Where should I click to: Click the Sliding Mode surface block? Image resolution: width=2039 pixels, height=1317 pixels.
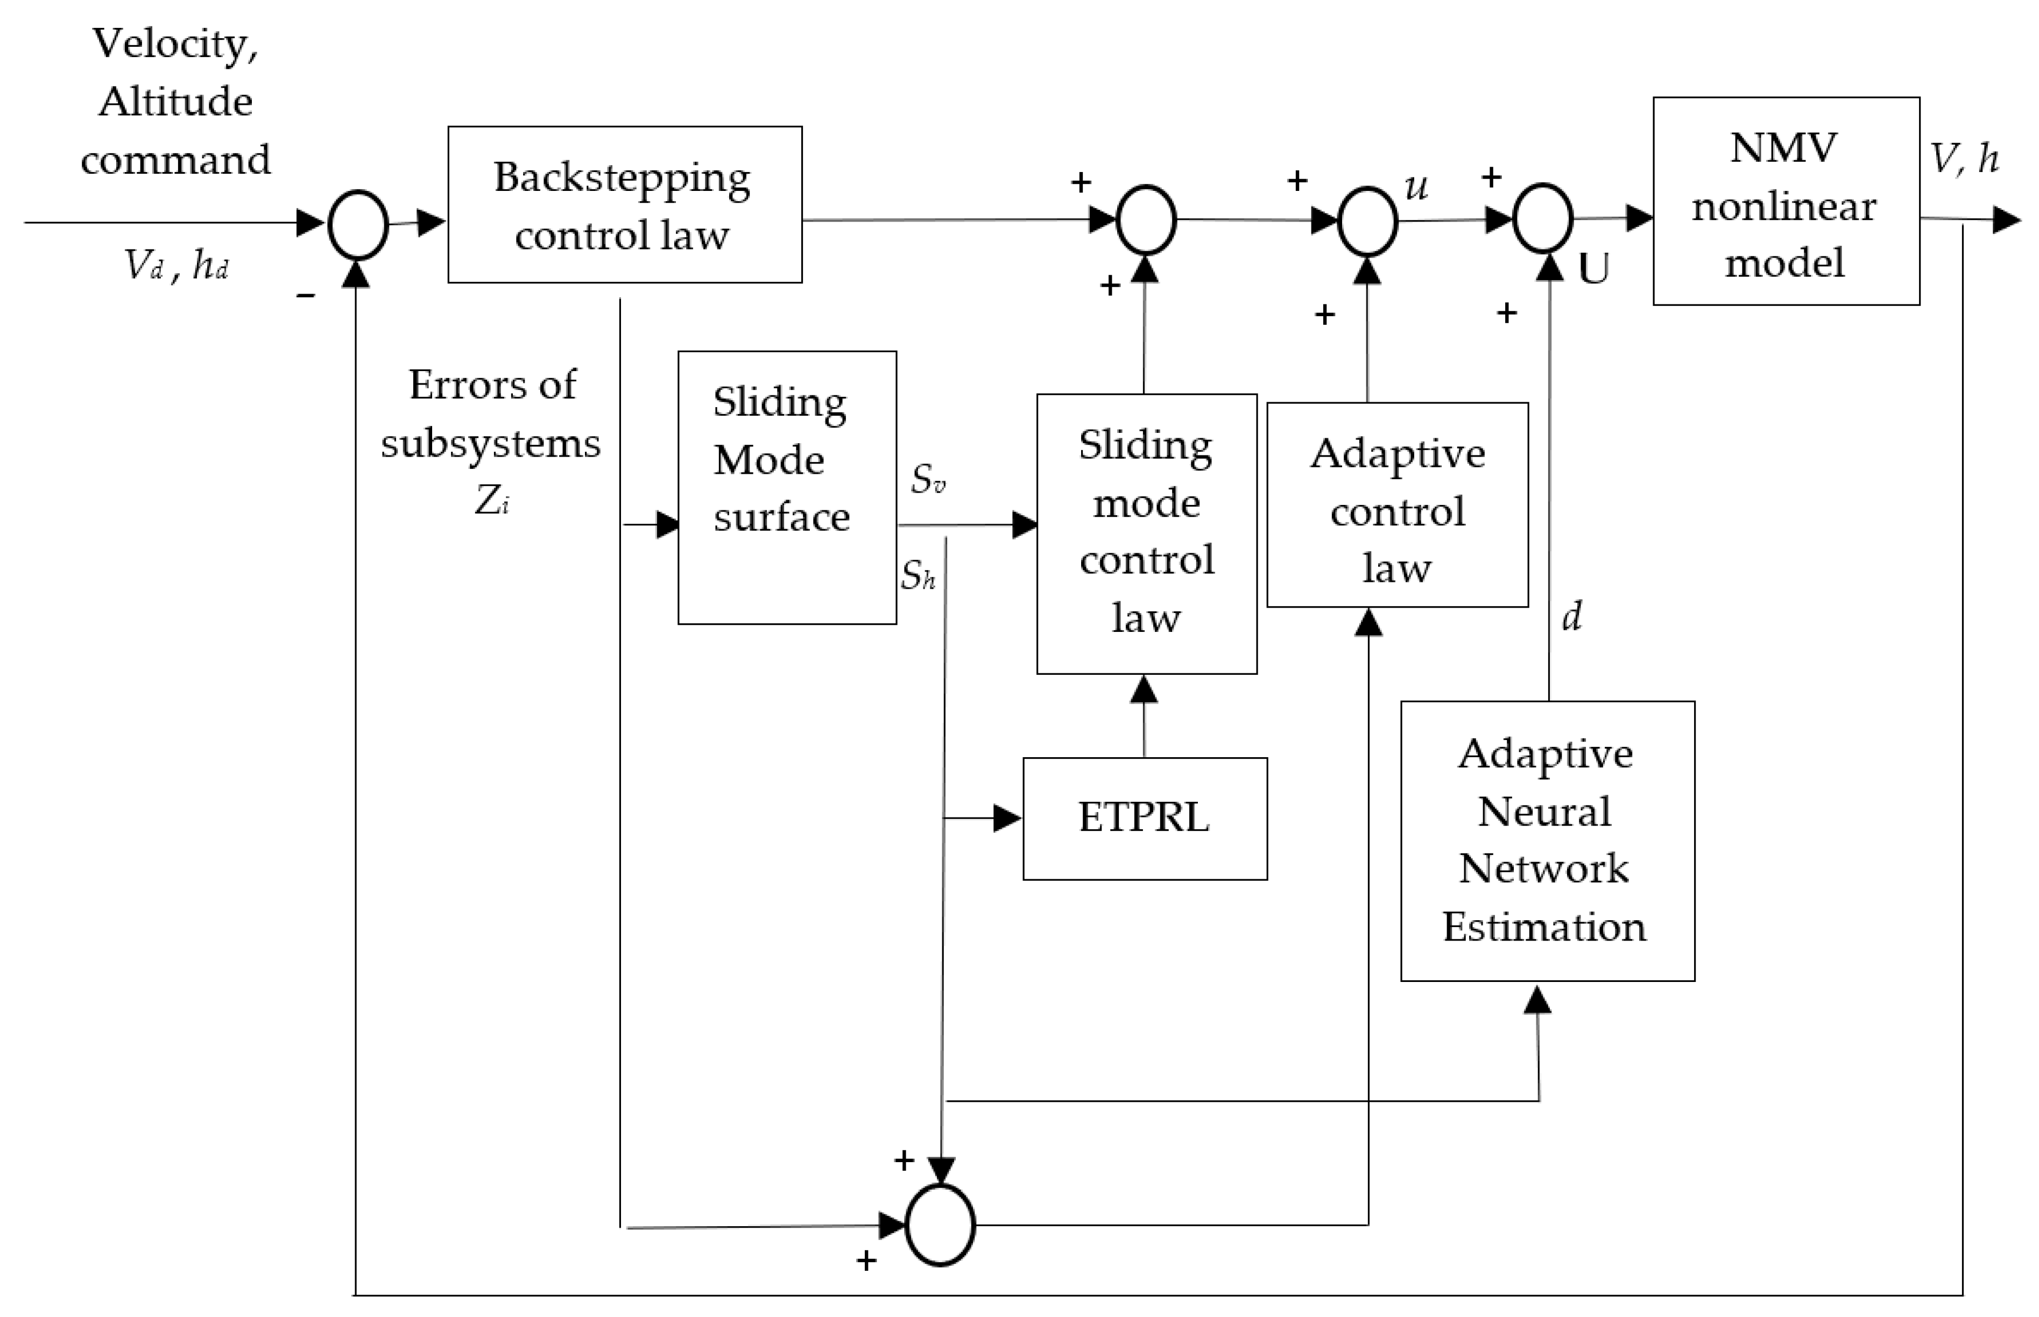[x=786, y=487]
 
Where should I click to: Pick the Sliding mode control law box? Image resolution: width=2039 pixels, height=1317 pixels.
[x=1146, y=533]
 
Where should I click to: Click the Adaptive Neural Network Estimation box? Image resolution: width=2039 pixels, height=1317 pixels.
[x=1546, y=841]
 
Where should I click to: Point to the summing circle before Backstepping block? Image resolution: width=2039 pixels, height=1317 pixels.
[x=358, y=225]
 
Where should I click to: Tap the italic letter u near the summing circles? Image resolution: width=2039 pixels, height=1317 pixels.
[x=1416, y=187]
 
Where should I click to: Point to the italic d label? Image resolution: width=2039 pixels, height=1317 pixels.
[x=1571, y=616]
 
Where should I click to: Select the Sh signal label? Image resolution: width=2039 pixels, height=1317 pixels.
[x=917, y=575]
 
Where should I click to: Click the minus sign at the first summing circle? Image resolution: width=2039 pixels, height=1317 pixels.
[x=306, y=296]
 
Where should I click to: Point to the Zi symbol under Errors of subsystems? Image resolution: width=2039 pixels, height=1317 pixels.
[x=492, y=500]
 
